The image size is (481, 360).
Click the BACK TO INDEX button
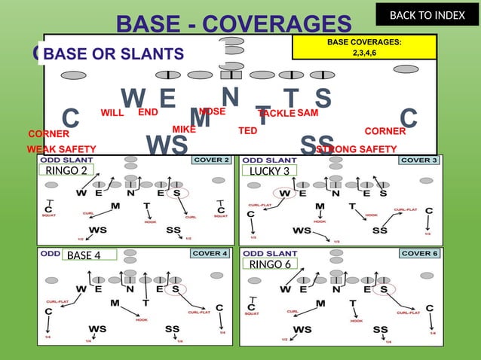click(x=427, y=14)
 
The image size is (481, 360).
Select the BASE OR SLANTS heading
click(x=114, y=53)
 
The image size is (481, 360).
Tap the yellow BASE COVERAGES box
click(x=364, y=47)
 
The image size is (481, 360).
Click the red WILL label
click(x=112, y=113)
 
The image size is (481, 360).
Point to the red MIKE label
click(x=184, y=130)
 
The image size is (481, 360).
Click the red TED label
click(x=247, y=130)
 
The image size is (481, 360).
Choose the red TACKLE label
click(x=277, y=113)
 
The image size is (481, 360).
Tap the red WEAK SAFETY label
click(x=61, y=149)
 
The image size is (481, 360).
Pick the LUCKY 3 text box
click(x=269, y=171)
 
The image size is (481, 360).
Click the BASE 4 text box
click(x=89, y=255)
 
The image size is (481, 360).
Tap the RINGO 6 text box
click(x=270, y=264)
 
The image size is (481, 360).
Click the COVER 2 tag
click(x=211, y=160)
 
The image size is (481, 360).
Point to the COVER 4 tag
click(x=211, y=253)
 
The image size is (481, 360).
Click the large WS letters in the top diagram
click(x=167, y=144)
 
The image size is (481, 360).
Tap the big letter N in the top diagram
click(x=231, y=96)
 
